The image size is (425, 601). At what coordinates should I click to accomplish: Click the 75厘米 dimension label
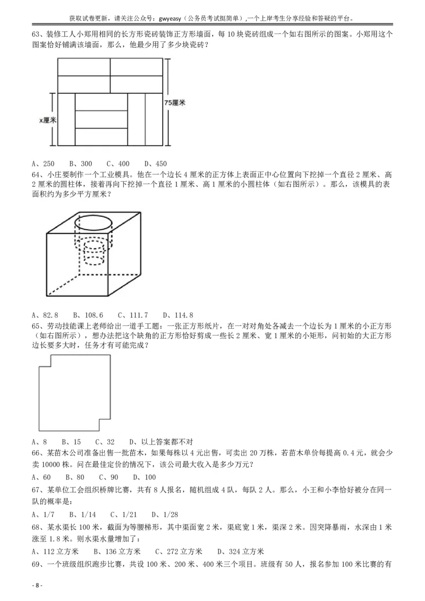coord(174,103)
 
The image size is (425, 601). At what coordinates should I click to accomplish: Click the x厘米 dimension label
coord(48,120)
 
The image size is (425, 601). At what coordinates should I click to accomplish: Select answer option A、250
coord(42,164)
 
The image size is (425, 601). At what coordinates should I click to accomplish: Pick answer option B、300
coord(80,164)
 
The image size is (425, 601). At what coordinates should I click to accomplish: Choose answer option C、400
coord(118,164)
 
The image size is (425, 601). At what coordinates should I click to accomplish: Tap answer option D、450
coord(156,164)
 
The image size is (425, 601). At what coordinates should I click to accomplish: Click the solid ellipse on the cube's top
coord(93,222)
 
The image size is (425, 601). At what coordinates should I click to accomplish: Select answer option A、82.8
coord(45,315)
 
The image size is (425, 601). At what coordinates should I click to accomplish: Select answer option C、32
coord(105,442)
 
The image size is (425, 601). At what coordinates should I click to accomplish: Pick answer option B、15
coord(71,442)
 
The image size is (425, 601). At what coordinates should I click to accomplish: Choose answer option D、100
coord(144,477)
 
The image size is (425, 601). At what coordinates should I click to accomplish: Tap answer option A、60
coord(41,477)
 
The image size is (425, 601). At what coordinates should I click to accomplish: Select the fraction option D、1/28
coord(164,514)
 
